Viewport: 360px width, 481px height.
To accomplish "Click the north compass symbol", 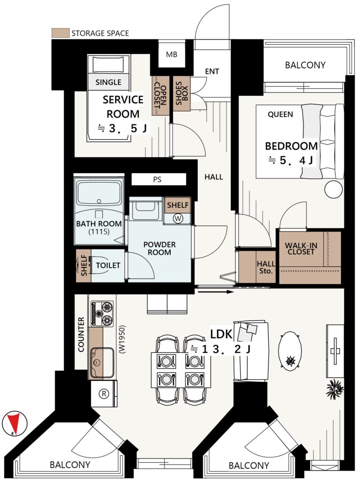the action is pos(15,424).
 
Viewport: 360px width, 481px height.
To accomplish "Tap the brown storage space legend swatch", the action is pos(61,33).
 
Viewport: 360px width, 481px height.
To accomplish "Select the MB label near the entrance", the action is pos(172,54).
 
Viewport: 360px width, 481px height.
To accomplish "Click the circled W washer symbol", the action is pos(178,218).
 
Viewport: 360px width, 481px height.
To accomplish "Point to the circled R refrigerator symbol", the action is pos(104,393).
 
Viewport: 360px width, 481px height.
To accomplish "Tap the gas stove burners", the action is pos(102,314).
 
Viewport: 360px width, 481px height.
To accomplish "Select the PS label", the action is pos(157,179).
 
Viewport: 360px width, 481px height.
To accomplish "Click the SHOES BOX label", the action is pos(181,93).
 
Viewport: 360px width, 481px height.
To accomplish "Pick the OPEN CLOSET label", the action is pos(160,96).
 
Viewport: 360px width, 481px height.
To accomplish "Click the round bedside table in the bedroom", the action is pos(333,189).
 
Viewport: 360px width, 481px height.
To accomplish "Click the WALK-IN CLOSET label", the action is pos(301,248).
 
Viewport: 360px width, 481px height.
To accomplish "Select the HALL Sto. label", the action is pos(266,267).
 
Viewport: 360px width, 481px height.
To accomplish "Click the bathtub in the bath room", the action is pos(99,193).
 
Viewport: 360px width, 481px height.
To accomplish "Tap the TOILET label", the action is pos(108,265).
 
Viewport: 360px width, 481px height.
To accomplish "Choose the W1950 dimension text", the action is pos(122,340).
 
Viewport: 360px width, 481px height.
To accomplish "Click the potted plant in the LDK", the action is pos(334,388).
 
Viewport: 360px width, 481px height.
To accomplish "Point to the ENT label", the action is pos(212,71).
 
